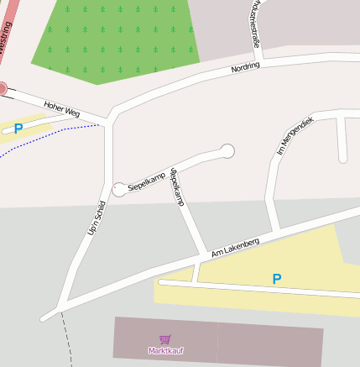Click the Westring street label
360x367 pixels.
(x=6, y=42)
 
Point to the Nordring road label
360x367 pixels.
(x=246, y=66)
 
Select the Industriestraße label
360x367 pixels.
(x=255, y=20)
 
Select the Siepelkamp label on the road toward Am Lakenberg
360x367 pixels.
(x=177, y=186)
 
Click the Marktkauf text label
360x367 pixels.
(x=165, y=350)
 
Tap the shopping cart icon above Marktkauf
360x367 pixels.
(x=164, y=340)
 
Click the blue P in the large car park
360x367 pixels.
(x=276, y=279)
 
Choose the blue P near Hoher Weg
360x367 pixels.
(x=18, y=128)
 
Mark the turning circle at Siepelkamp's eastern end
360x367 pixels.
(x=227, y=150)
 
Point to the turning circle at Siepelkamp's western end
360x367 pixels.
(x=119, y=190)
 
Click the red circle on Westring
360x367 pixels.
(x=3, y=87)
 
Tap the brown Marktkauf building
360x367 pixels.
(x=252, y=344)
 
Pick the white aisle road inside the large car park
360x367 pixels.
(x=252, y=290)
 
